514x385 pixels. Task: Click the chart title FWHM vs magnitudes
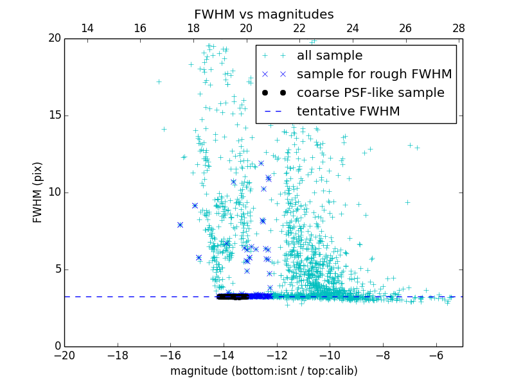(263, 14)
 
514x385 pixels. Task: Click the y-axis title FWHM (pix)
(38, 192)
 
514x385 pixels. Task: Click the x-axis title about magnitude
(263, 371)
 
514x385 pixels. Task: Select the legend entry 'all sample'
(330, 56)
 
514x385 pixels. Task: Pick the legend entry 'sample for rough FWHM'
(374, 74)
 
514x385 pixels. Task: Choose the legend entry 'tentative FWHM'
(348, 112)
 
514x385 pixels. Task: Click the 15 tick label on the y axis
(54, 116)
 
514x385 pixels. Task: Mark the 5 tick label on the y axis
(57, 269)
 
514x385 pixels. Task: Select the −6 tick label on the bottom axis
(436, 355)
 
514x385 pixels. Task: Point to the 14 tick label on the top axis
(87, 28)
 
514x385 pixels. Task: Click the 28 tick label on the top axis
(458, 28)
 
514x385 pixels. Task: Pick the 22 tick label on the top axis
(299, 28)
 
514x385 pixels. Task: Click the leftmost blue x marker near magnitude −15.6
(180, 225)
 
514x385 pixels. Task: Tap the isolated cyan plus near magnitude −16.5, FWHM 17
(159, 81)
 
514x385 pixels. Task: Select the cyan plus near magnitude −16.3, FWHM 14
(164, 129)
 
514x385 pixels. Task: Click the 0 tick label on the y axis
(57, 346)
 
